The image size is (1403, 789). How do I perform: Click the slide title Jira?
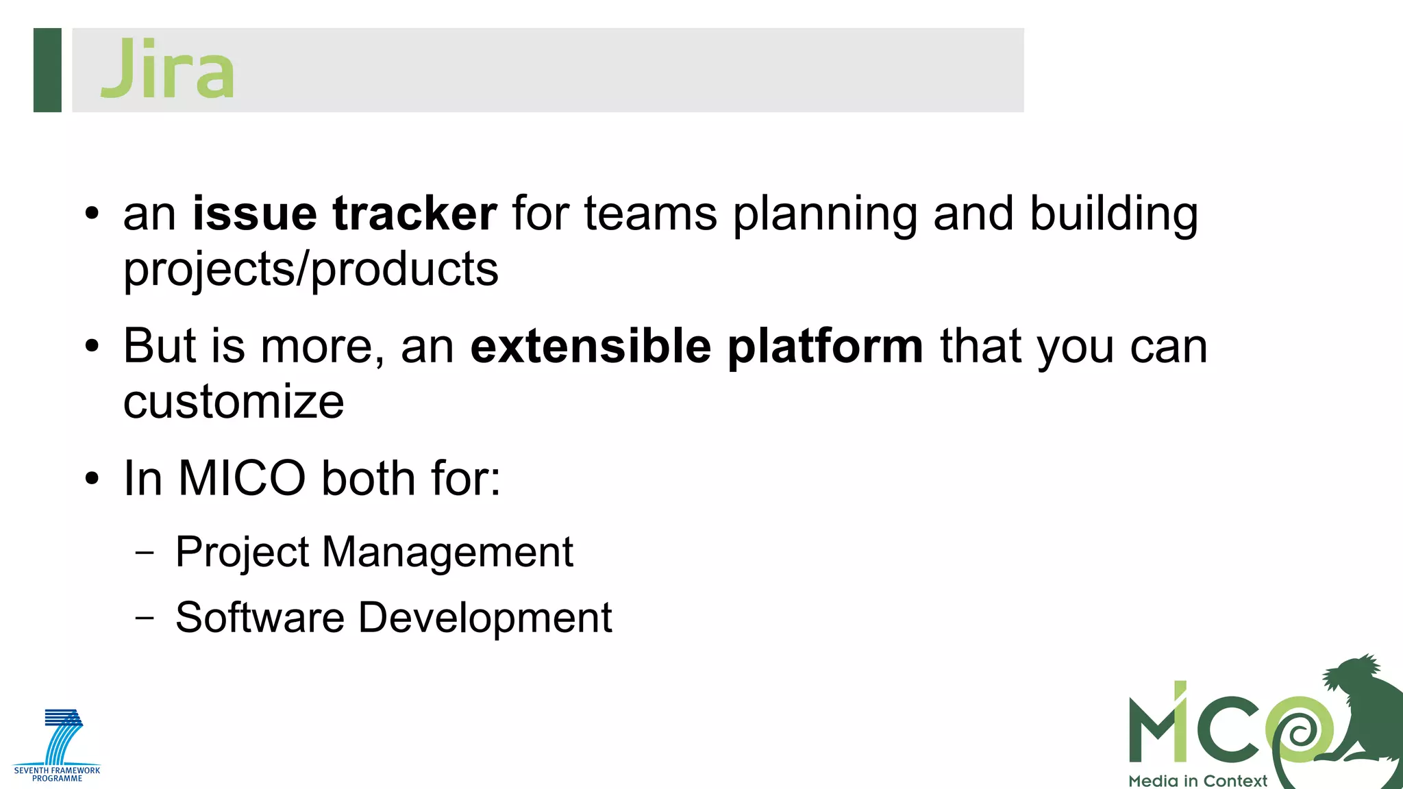(167, 69)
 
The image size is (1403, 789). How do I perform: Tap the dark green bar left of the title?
(47, 70)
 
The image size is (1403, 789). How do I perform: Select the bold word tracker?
(414, 214)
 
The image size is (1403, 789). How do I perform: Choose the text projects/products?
(311, 270)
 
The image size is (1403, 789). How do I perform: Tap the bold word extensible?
(591, 347)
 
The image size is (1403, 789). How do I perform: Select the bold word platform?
(825, 347)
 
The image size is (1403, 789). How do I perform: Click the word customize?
(234, 402)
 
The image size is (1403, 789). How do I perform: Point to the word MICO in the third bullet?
(242, 478)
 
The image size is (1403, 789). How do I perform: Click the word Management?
(447, 553)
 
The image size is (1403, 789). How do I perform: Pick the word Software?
(260, 618)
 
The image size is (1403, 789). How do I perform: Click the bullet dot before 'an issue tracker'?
(92, 214)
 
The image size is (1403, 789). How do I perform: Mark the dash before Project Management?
(145, 553)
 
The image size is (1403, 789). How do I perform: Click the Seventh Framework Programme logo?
(58, 746)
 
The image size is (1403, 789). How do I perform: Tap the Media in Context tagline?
(1197, 781)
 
